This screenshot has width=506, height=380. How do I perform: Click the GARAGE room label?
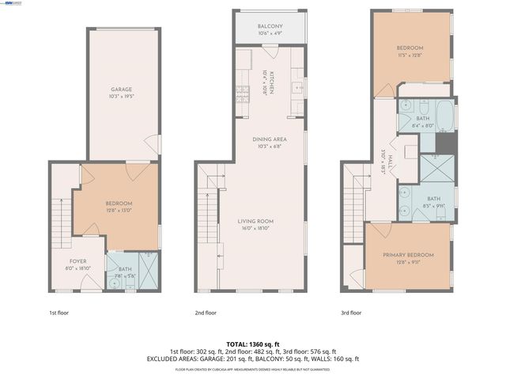[121, 89]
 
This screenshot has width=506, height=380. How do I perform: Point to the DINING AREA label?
[270, 139]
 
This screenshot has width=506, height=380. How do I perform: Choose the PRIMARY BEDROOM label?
[409, 254]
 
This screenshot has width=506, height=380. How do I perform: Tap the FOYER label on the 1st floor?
[77, 261]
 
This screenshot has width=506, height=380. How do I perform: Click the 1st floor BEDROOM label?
[119, 203]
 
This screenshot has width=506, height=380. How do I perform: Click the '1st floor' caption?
[59, 313]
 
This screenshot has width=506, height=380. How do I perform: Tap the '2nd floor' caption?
[206, 313]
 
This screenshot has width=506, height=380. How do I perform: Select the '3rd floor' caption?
[351, 313]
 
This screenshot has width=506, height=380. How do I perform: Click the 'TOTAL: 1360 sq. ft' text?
[253, 343]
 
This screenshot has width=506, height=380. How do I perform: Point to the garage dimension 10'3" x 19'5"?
[121, 97]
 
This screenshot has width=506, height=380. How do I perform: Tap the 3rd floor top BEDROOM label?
[410, 47]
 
